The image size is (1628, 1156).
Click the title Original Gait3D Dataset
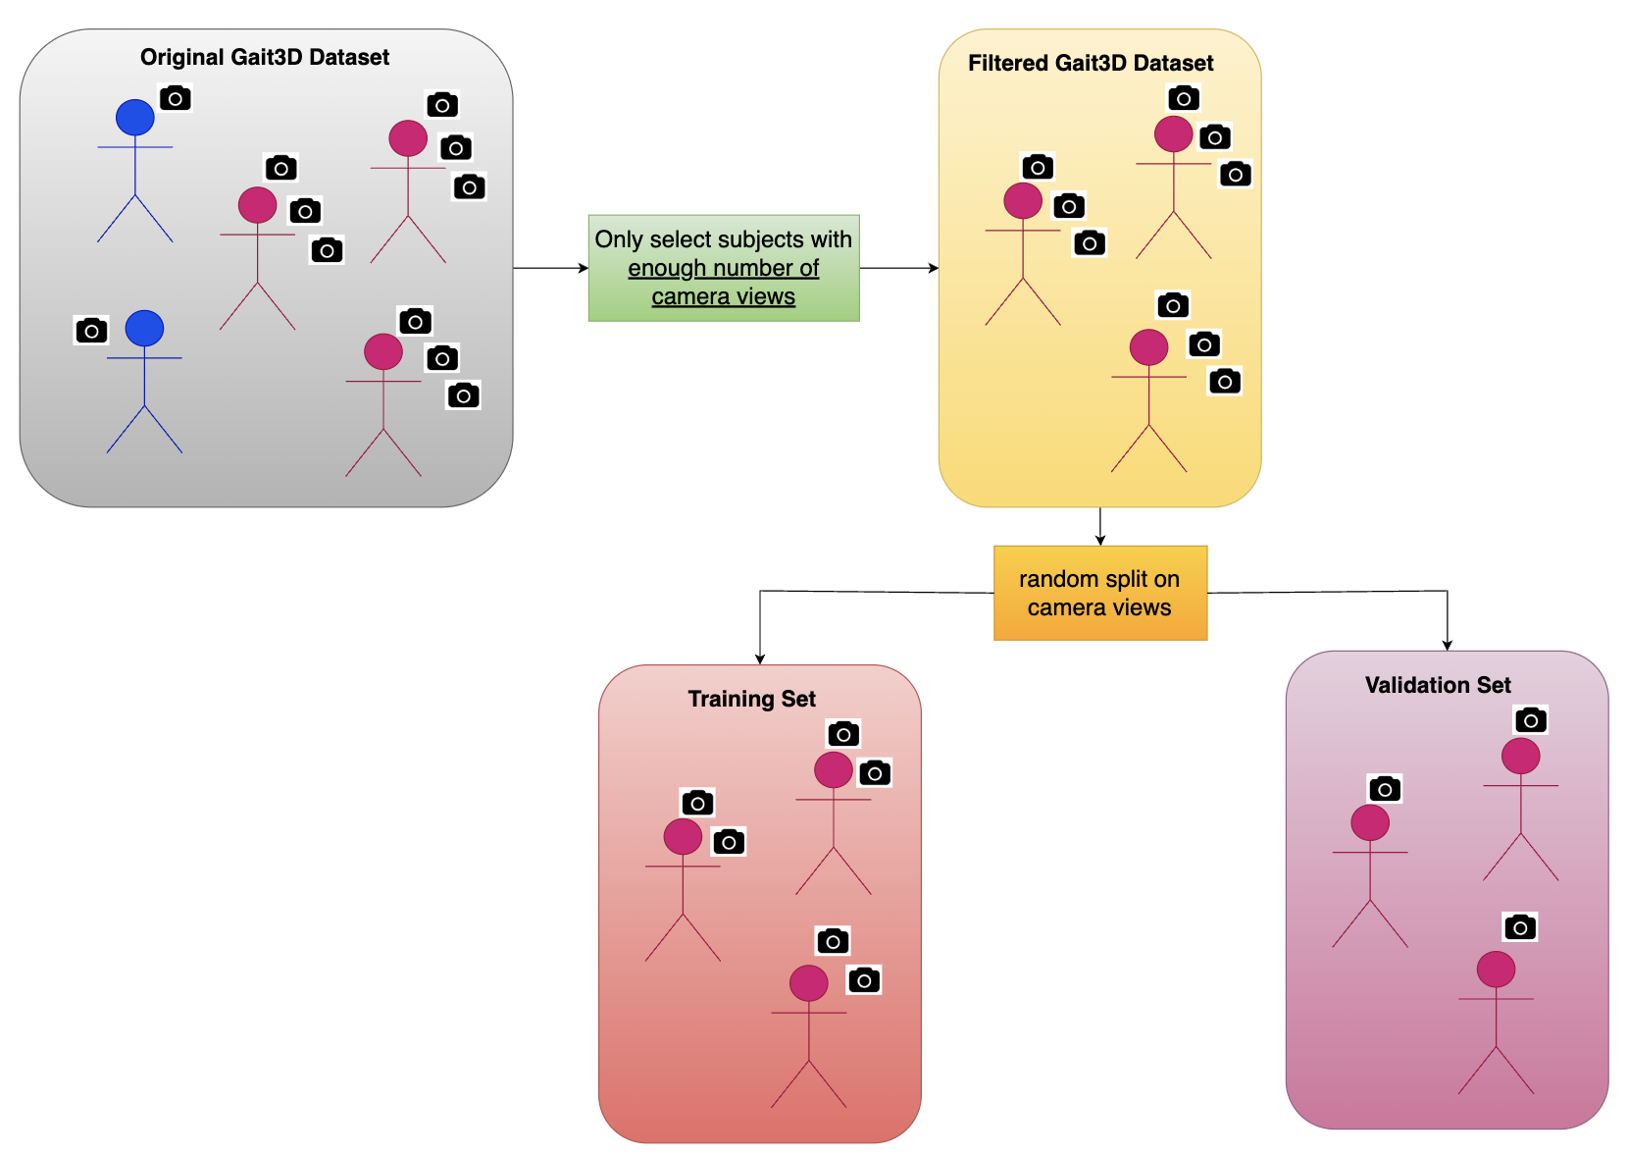click(265, 57)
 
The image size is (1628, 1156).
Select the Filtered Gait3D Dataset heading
click(1091, 63)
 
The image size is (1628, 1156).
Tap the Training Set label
click(752, 699)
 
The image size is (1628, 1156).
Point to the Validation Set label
click(1438, 685)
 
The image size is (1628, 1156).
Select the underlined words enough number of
click(724, 268)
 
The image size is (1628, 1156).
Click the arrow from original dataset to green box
click(550, 268)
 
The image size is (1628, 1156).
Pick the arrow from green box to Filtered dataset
click(898, 268)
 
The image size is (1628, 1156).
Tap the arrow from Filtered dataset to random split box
click(1100, 526)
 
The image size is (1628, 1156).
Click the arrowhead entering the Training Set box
click(760, 658)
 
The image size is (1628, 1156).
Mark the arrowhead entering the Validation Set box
click(1448, 645)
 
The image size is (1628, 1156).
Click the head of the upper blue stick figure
click(135, 118)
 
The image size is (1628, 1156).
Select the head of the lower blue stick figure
click(144, 328)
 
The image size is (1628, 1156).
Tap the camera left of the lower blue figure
click(91, 331)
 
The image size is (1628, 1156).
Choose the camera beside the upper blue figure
click(176, 98)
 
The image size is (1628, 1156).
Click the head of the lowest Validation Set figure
click(1496, 970)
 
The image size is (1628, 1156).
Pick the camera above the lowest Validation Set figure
click(1520, 927)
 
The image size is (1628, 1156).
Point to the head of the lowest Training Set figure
click(809, 983)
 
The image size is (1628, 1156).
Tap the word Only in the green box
click(619, 239)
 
